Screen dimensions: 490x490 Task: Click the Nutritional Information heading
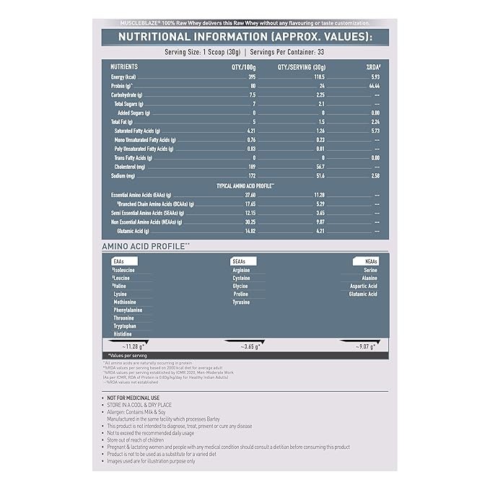(x=245, y=38)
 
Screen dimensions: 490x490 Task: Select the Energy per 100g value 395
(x=253, y=76)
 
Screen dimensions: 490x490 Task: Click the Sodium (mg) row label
(x=123, y=175)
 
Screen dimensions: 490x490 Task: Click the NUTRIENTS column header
(x=124, y=66)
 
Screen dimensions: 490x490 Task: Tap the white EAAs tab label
(x=120, y=261)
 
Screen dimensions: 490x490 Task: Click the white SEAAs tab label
(x=240, y=261)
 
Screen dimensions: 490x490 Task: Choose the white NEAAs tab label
(x=366, y=261)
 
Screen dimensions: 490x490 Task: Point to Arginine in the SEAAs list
(x=241, y=270)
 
